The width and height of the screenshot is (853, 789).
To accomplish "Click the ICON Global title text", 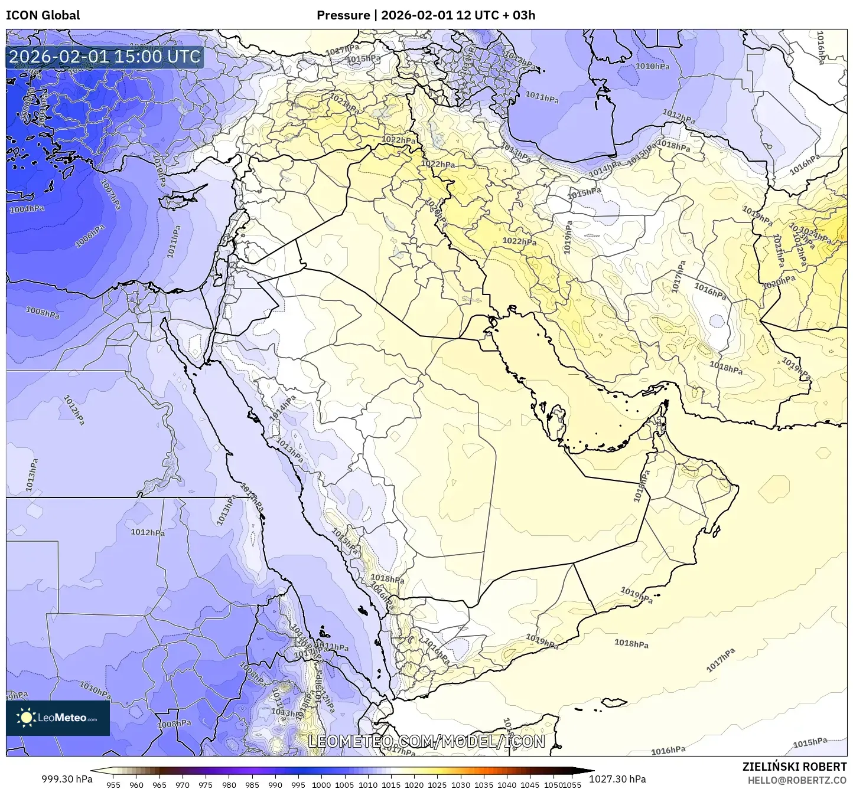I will point(43,15).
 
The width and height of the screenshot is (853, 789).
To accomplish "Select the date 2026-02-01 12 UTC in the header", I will point(435,15).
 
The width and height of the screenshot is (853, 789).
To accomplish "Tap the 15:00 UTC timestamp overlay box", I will point(105,57).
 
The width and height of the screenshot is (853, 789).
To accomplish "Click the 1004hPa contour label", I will point(27,209).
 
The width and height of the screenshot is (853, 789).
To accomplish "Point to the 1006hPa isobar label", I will point(90,235).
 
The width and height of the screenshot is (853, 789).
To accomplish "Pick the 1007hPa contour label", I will point(111,194).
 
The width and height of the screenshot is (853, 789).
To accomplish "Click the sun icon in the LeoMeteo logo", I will point(27,718).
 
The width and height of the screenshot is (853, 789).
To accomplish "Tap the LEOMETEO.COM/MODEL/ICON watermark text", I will point(426,741).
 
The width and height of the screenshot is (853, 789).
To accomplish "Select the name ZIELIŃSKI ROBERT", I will point(795,767).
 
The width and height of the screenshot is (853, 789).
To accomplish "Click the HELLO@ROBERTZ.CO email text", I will point(797,780).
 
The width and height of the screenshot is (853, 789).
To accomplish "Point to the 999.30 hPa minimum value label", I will point(67,779).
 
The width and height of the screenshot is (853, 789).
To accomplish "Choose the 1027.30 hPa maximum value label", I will point(617,779).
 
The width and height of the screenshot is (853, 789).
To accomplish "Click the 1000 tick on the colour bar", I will point(321,785).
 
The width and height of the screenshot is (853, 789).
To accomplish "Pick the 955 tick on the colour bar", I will point(113,785).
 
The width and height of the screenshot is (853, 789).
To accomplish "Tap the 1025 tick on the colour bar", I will point(437,785).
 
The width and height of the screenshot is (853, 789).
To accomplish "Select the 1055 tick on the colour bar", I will point(572,785).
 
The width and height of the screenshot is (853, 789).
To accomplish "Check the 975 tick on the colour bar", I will point(206,785).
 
